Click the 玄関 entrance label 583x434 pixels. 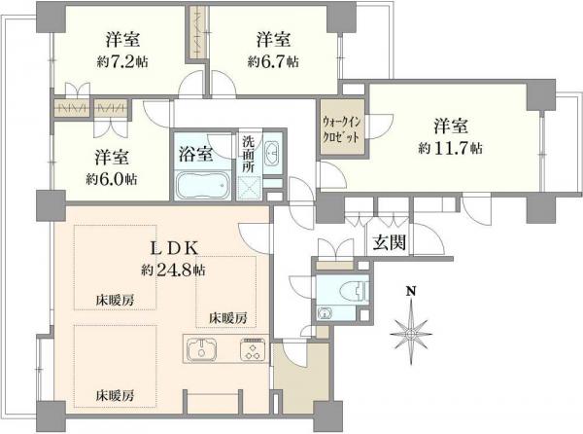tap(385, 243)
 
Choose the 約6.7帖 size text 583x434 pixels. tap(273, 61)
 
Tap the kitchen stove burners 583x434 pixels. tap(254, 350)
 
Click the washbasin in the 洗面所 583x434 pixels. tap(272, 153)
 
